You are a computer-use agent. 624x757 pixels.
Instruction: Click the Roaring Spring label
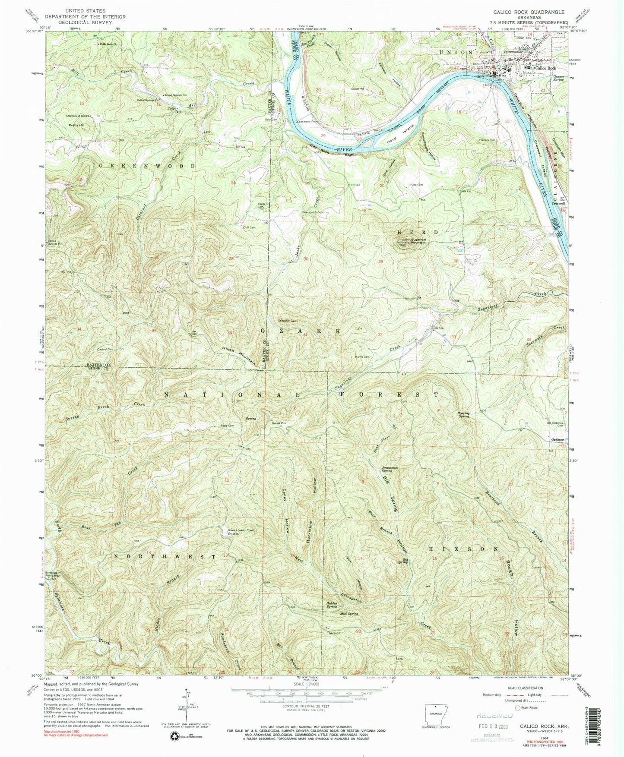(x=463, y=415)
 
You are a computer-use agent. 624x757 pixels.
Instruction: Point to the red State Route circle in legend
(x=518, y=707)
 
